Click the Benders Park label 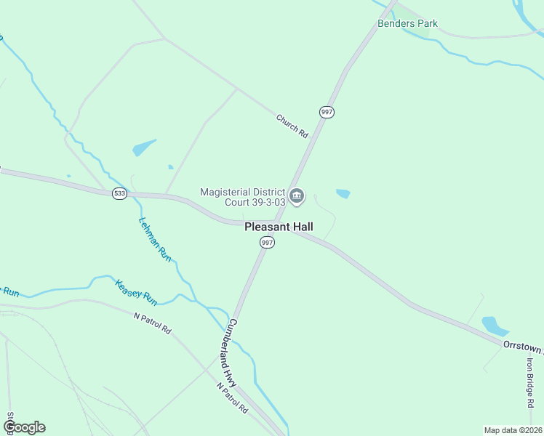(407, 23)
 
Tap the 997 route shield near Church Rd (327, 112)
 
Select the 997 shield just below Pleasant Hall (268, 243)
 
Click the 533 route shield (119, 193)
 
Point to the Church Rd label (292, 126)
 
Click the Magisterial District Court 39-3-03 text (243, 196)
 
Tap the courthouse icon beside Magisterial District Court (297, 195)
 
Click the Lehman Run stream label (154, 239)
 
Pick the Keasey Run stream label (136, 292)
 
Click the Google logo (24, 427)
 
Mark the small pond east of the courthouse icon (343, 193)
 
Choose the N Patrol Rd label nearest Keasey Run (153, 323)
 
